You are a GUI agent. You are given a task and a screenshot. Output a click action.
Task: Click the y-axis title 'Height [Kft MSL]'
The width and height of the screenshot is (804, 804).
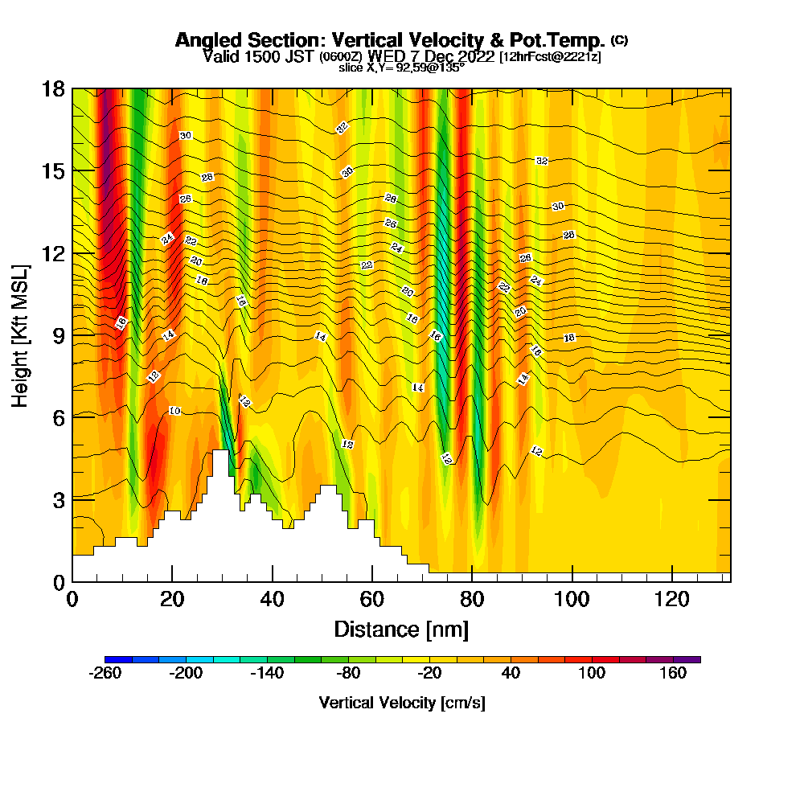pyautogui.click(x=21, y=334)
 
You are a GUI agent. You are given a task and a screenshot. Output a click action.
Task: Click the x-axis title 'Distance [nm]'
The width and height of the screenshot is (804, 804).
pyautogui.click(x=401, y=629)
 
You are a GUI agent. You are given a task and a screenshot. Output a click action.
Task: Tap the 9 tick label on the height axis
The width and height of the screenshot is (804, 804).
pyautogui.click(x=59, y=334)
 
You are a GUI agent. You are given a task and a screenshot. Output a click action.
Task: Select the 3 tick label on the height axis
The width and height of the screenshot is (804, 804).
pyautogui.click(x=59, y=499)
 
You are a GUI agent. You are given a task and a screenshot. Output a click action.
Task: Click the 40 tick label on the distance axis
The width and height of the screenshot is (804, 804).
pyautogui.click(x=273, y=599)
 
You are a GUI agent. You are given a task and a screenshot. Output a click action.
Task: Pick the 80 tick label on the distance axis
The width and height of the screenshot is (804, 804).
pyautogui.click(x=472, y=599)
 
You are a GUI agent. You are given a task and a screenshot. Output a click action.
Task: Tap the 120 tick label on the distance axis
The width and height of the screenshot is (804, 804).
pyautogui.click(x=672, y=599)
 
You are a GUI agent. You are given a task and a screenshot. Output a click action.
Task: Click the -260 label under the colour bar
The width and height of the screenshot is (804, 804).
pyautogui.click(x=105, y=674)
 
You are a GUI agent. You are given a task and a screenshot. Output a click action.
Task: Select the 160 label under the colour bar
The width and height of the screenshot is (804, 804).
pyautogui.click(x=673, y=674)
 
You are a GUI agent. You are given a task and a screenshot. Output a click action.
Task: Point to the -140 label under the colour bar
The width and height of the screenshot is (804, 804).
pyautogui.click(x=267, y=674)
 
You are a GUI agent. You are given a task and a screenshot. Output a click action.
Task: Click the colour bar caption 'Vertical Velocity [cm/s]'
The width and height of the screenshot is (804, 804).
pyautogui.click(x=401, y=703)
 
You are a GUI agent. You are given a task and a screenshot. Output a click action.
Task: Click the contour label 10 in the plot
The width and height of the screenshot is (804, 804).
pyautogui.click(x=174, y=412)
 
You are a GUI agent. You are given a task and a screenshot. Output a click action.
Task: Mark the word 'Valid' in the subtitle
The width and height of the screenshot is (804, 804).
pyautogui.click(x=219, y=57)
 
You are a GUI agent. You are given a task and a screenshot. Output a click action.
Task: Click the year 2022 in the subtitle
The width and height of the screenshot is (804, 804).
pyautogui.click(x=475, y=57)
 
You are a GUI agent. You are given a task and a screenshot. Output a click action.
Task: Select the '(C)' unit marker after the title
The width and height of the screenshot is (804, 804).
pyautogui.click(x=620, y=39)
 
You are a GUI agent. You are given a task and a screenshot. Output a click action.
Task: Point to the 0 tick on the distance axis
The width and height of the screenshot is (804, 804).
pyautogui.click(x=72, y=599)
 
